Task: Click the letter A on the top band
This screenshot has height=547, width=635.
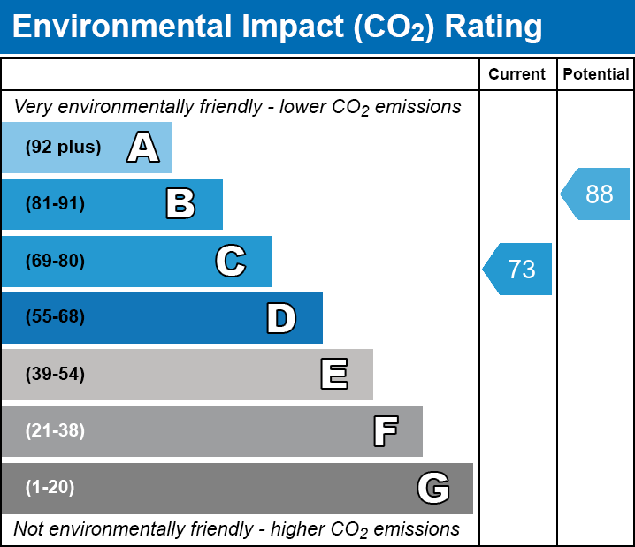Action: [x=142, y=148]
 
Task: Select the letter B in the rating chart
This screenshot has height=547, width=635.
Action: [x=180, y=204]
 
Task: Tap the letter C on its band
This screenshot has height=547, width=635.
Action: [x=230, y=261]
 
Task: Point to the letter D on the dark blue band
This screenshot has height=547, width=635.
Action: [x=281, y=318]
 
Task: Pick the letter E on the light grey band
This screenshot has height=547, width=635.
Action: [x=333, y=375]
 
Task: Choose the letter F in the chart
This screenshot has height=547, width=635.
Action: [x=385, y=431]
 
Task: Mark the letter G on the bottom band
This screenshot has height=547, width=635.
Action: [x=433, y=488]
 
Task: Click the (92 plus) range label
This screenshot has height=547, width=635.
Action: [x=63, y=148]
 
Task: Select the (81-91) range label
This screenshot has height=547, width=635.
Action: [x=55, y=204]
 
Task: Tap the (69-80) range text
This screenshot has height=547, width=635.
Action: [x=55, y=261]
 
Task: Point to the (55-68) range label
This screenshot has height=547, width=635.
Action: [x=55, y=317]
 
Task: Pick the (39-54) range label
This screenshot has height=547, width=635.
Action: [x=55, y=375]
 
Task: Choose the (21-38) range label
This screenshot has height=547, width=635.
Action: [x=55, y=431]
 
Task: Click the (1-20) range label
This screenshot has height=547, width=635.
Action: [x=50, y=488]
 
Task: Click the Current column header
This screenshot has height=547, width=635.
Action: [x=517, y=75]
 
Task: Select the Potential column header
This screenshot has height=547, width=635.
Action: [x=596, y=75]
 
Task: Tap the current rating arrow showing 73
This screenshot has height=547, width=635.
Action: [x=518, y=269]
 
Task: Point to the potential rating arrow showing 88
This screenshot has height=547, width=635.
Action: [x=596, y=194]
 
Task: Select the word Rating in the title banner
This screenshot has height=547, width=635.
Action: [x=493, y=27]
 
